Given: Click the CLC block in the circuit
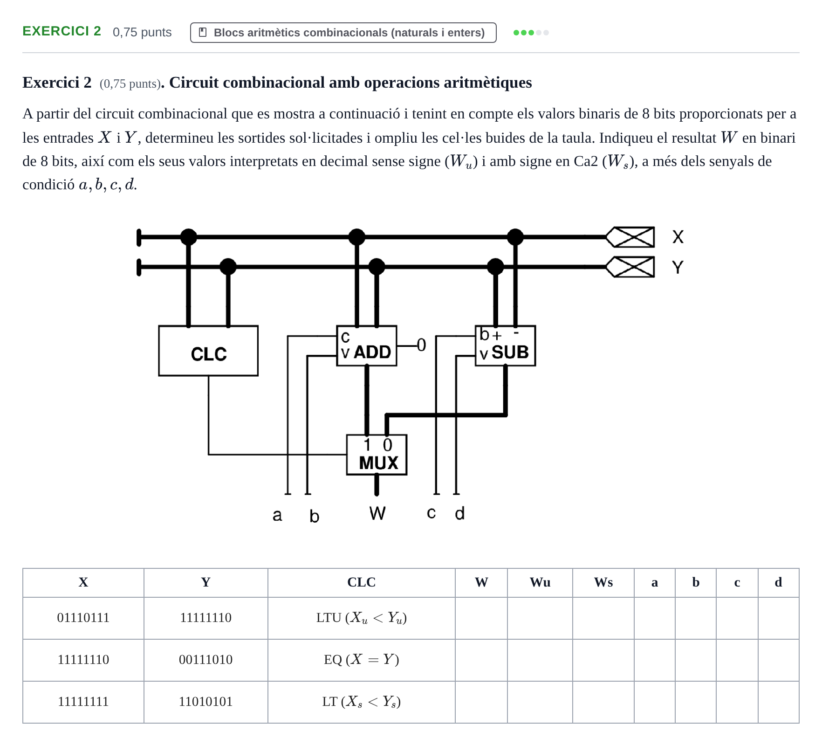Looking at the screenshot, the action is coord(208,351).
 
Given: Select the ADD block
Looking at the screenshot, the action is coord(367,346).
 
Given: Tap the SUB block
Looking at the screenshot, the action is coord(505,346).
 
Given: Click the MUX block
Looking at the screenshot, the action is coord(377,455).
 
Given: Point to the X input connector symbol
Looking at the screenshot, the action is coord(630,237).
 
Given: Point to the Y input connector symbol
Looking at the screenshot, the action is coord(630,267).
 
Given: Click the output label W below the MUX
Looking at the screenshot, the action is coord(377,513).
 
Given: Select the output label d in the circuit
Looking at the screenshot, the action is coord(459,513).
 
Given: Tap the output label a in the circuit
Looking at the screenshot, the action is coord(277,515).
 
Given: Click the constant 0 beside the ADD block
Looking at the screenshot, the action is coord(421,345).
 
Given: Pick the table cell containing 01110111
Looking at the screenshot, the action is coord(83,618).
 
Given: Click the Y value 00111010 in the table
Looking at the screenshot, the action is coord(205,660).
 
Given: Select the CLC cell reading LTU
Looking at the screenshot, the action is coord(362,618).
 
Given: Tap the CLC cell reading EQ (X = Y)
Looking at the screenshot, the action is coord(362,660).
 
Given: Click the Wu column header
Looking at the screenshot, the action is coord(540,582).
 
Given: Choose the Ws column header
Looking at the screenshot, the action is coord(603,582).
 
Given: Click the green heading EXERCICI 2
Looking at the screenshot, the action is coord(62,31).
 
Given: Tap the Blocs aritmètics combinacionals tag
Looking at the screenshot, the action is coord(343,33).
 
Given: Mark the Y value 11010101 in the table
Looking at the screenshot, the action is coord(205,702).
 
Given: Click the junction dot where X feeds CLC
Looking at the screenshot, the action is coord(188,237).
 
